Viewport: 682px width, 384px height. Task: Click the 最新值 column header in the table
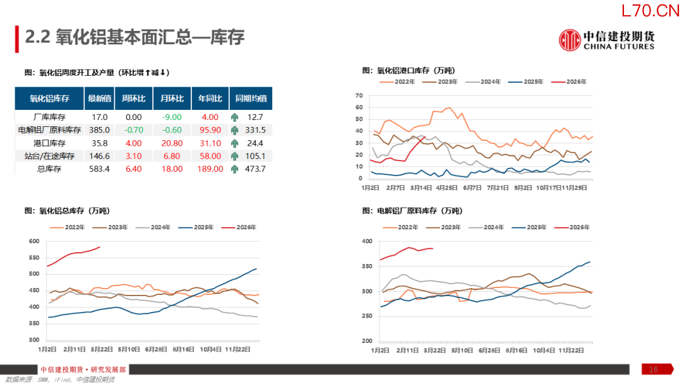[100, 99]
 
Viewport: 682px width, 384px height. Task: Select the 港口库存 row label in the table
[49, 143]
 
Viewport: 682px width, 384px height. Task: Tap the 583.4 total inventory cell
[100, 169]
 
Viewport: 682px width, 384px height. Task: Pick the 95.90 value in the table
[210, 130]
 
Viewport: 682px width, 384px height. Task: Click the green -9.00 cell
[171, 117]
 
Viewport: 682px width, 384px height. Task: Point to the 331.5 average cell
[255, 130]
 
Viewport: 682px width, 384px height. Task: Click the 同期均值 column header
[251, 99]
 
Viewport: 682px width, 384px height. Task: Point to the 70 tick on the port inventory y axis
[359, 96]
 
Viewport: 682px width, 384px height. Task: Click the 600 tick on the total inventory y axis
[34, 241]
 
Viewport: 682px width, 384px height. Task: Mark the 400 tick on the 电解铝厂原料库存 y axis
[366, 242]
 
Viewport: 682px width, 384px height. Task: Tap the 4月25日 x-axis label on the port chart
[446, 188]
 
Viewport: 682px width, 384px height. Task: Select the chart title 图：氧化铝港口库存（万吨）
[408, 70]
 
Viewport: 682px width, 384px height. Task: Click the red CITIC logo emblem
[570, 40]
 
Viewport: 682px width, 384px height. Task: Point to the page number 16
[654, 369]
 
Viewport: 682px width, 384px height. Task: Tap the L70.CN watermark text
[649, 11]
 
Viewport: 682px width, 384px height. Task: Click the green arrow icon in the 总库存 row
[235, 169]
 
